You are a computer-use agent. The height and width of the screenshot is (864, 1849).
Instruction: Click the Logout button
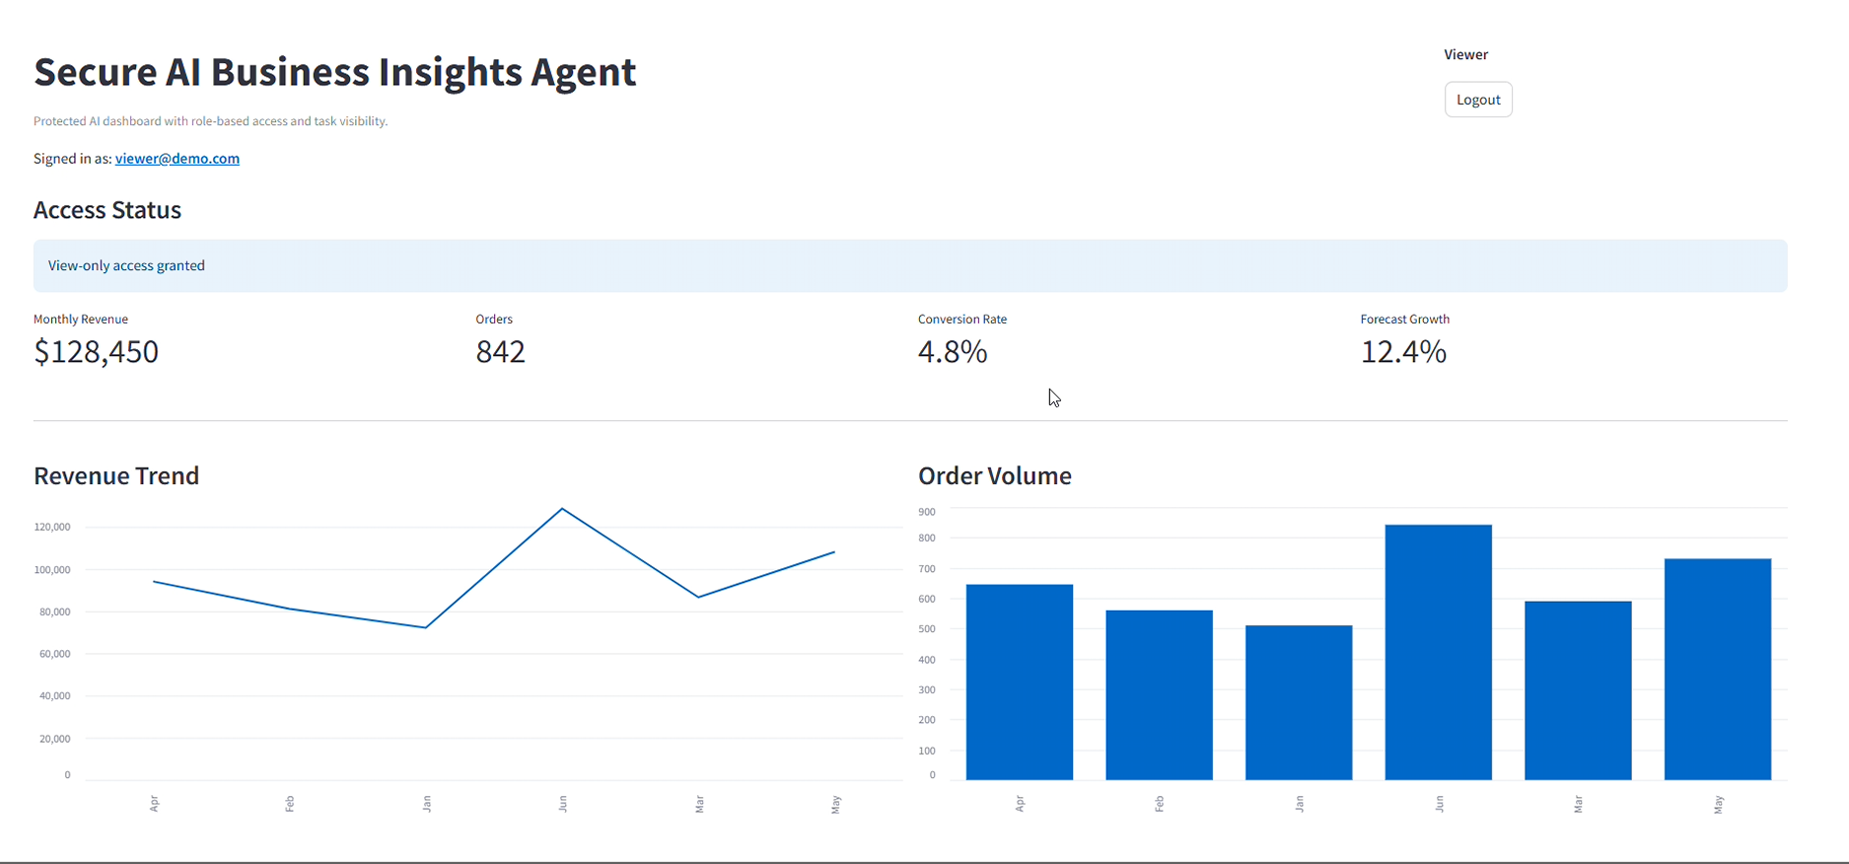(x=1478, y=100)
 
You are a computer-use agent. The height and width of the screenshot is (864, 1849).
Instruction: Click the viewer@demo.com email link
(x=178, y=159)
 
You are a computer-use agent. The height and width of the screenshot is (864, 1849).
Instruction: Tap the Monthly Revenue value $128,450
(x=96, y=351)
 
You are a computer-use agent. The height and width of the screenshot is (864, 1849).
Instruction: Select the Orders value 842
(x=500, y=351)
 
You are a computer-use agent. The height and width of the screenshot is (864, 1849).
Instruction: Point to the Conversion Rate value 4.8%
(x=952, y=351)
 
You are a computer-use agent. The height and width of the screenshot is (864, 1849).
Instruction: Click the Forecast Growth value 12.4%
(x=1403, y=351)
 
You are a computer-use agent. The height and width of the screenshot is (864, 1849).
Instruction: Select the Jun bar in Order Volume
(x=1438, y=652)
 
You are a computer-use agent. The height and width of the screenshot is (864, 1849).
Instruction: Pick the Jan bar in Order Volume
(x=1299, y=702)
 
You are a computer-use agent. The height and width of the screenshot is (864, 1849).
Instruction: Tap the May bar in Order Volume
(x=1717, y=669)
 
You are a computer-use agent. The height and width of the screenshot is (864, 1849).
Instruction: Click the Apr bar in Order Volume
(x=1020, y=682)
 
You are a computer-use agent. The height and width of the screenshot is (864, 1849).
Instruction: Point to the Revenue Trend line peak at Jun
(x=562, y=509)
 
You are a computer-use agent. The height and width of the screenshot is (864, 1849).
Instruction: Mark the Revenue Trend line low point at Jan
(x=426, y=627)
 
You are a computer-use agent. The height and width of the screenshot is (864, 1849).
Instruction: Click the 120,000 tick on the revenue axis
(x=52, y=527)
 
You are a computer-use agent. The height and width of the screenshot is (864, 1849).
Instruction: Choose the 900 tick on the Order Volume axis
(x=927, y=512)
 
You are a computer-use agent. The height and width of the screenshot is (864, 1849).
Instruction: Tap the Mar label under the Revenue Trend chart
(x=699, y=805)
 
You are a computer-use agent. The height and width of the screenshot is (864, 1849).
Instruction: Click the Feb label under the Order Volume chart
(x=1160, y=805)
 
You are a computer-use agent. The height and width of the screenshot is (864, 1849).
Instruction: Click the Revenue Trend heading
(x=116, y=475)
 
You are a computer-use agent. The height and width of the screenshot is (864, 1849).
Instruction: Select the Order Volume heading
(x=994, y=475)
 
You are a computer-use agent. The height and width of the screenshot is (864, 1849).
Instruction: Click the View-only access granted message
(x=126, y=265)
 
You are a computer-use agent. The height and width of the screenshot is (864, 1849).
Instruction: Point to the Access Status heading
(x=107, y=210)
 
